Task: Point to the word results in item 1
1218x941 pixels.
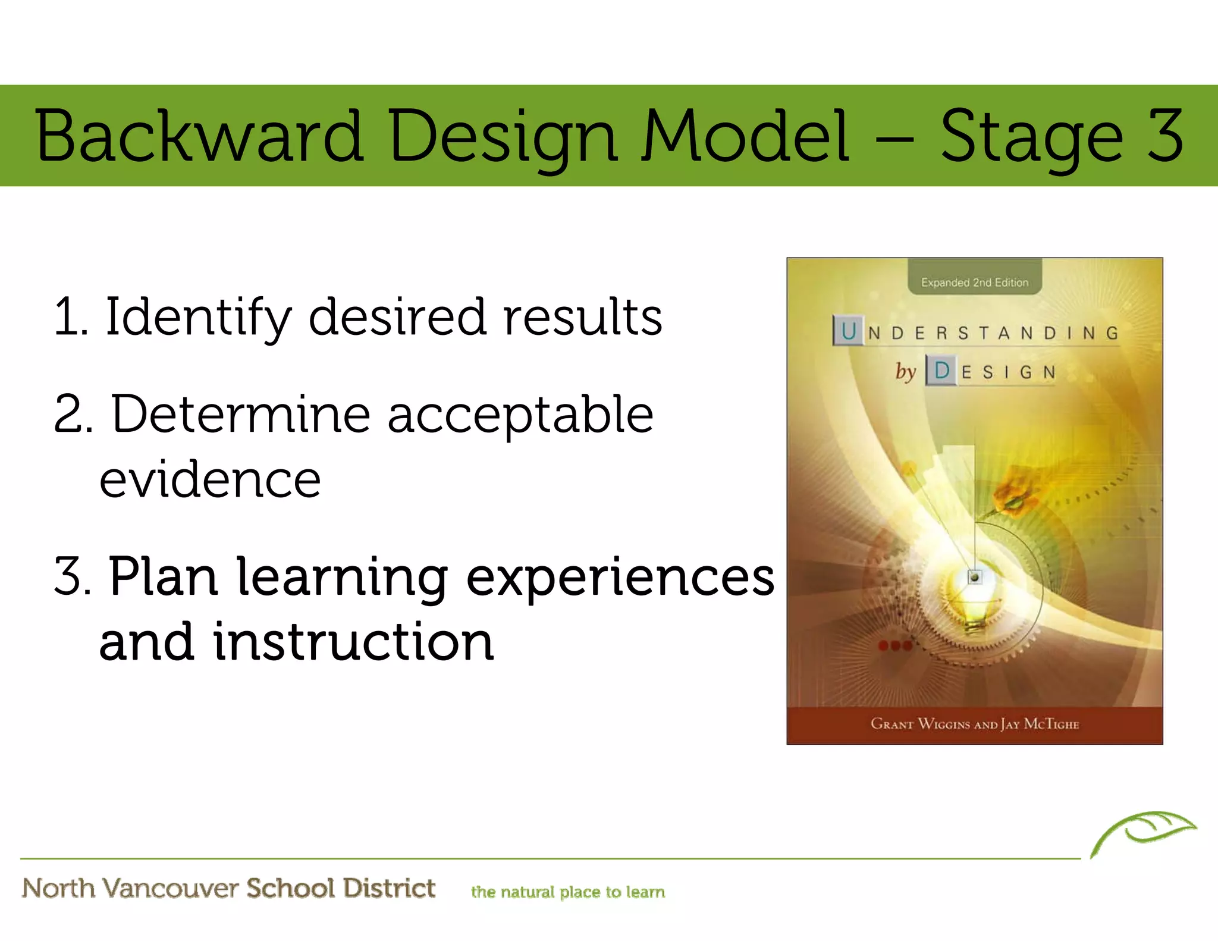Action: coord(582,316)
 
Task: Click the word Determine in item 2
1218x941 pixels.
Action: coord(241,415)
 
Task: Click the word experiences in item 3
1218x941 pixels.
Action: coord(620,577)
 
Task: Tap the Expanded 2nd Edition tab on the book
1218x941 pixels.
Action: coord(974,282)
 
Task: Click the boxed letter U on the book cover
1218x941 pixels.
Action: coord(849,331)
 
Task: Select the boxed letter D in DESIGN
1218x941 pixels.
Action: coord(941,371)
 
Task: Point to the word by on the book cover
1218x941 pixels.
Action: coord(905,371)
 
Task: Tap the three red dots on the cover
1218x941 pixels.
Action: coord(895,646)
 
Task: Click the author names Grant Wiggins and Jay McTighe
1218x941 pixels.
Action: coord(974,724)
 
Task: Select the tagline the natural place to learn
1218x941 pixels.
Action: coord(567,892)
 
